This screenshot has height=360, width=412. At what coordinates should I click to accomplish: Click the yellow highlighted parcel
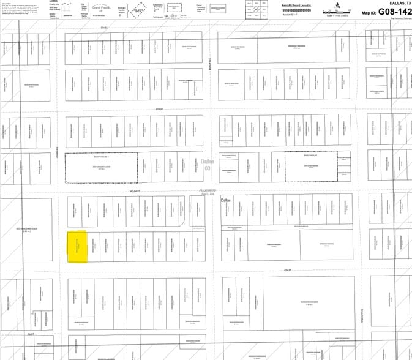coord(77,247)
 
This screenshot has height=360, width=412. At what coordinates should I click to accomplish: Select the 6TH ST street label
coord(160,110)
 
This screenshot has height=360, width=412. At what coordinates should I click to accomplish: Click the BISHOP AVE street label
coord(209,61)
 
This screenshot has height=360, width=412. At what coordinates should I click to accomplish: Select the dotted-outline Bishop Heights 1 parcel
coord(311,166)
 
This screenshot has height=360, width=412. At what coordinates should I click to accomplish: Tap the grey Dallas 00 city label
coord(208,165)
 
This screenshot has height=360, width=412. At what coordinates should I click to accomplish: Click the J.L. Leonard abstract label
coord(208,192)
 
